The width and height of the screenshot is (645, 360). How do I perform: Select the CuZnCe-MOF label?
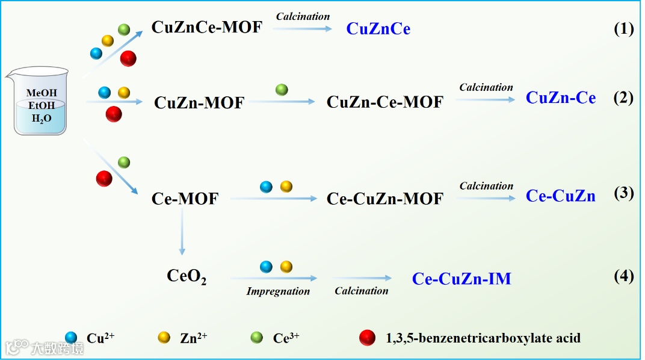207,27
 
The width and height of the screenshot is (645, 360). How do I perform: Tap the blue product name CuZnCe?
378,29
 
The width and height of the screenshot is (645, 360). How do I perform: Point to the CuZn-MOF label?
199,102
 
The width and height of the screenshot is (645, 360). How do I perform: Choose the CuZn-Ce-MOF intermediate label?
384,102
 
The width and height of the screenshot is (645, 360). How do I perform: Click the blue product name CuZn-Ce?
561,98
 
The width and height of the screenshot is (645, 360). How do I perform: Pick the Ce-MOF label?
185,199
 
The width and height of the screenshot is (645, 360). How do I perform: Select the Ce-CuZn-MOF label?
384,199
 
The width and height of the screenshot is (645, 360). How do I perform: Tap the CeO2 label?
187,277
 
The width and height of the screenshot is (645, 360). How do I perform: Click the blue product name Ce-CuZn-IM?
461,279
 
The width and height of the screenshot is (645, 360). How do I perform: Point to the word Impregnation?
278,291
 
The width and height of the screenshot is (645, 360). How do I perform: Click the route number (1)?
623,29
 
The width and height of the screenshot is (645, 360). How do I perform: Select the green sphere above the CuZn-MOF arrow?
282,90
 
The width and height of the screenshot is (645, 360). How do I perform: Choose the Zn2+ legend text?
193,338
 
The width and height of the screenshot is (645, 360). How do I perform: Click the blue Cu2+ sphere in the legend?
72,338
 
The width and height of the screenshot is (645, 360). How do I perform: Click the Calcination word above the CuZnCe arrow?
303,16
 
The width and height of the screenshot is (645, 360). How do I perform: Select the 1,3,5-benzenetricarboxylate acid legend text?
483,338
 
